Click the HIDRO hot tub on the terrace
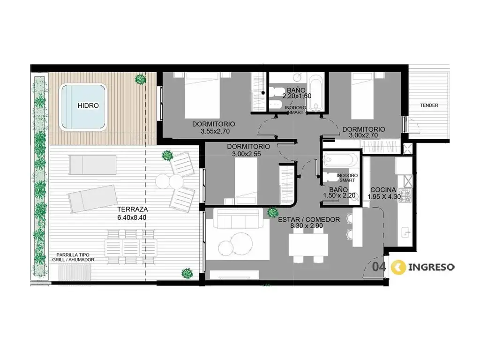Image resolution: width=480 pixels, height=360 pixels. (84, 107)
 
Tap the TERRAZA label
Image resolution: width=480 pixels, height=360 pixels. (133, 210)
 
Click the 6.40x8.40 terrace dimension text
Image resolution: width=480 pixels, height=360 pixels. (132, 217)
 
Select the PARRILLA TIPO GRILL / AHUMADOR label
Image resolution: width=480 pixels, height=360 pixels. (73, 257)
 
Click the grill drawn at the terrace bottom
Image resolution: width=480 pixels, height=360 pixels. (75, 272)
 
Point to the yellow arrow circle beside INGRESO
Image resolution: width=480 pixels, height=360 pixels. (398, 267)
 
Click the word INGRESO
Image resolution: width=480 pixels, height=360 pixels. (431, 267)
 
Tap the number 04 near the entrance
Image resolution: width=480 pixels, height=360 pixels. (379, 267)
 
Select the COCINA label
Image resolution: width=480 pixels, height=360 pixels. (383, 190)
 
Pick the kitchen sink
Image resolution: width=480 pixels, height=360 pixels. (407, 232)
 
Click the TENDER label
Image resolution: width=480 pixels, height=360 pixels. (429, 105)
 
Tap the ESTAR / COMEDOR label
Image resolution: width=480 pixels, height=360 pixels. (308, 219)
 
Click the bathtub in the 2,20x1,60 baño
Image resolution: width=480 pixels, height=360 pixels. (315, 92)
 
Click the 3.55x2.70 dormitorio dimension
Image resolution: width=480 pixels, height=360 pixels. (215, 132)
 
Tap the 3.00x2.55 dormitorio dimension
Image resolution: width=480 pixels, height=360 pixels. (247, 154)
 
